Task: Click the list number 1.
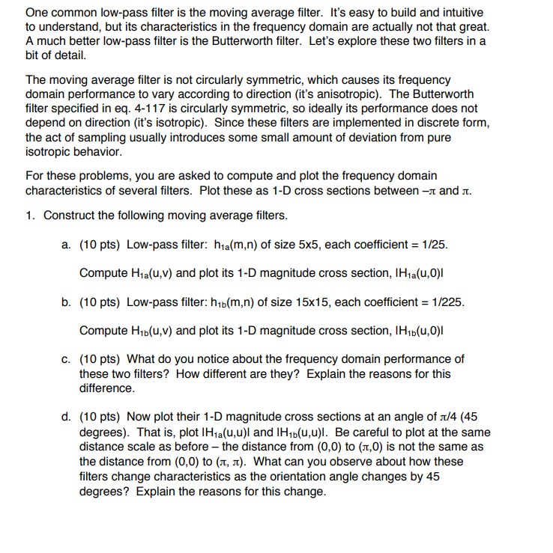[x=29, y=216]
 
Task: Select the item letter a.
[x=66, y=244]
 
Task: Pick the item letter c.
[x=66, y=358]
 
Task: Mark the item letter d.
[x=66, y=416]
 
